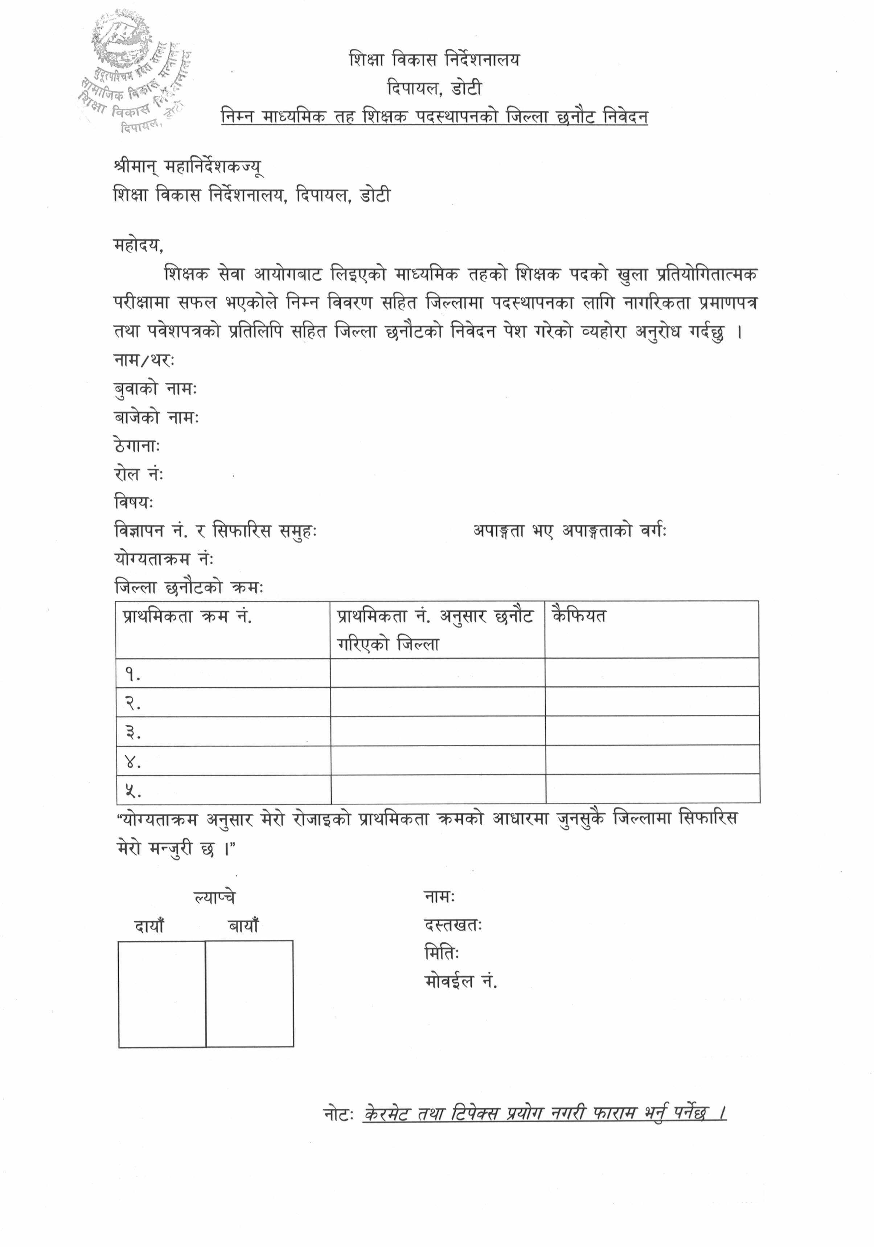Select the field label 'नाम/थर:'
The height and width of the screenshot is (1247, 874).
point(144,360)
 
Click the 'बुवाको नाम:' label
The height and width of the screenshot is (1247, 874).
point(155,389)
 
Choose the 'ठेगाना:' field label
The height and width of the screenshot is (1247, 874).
point(136,446)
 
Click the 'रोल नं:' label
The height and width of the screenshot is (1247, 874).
point(139,474)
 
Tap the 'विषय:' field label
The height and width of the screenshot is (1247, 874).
point(134,503)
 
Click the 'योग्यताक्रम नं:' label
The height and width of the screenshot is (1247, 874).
point(164,559)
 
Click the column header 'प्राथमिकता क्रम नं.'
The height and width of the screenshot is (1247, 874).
point(187,616)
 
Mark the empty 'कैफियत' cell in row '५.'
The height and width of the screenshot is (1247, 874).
point(652,789)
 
